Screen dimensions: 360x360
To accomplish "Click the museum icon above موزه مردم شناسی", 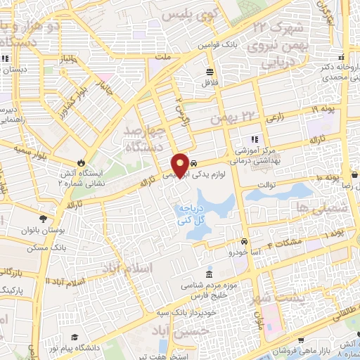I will (x=208, y=275).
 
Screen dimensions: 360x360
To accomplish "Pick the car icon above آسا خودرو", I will (x=245, y=240).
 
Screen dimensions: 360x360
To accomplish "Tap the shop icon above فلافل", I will (x=210, y=72).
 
